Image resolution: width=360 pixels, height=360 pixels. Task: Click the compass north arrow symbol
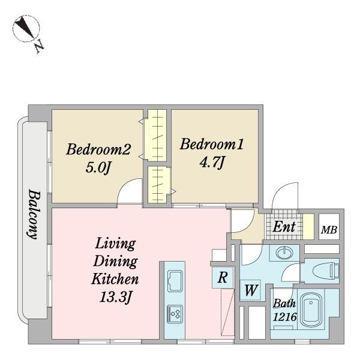(26, 28)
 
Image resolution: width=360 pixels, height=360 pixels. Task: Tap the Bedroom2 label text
(98, 149)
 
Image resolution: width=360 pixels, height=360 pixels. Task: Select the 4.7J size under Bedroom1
(211, 163)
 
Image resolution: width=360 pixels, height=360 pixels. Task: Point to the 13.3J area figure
(115, 298)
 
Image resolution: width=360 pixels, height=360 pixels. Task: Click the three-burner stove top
(175, 314)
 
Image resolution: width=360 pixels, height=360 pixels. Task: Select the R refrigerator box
(223, 277)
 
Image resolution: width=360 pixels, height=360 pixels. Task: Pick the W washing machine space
(250, 290)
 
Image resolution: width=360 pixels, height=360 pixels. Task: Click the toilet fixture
(326, 271)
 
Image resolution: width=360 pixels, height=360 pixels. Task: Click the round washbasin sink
(284, 253)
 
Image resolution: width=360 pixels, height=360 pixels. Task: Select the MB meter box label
(329, 230)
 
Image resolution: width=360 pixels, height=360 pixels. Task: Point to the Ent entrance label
(284, 227)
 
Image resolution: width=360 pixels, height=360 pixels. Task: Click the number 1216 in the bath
(284, 317)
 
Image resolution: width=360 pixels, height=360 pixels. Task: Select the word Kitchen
(115, 279)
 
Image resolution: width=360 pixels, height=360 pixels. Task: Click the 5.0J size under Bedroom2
(98, 167)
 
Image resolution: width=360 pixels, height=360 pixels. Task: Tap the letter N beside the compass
(39, 47)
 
